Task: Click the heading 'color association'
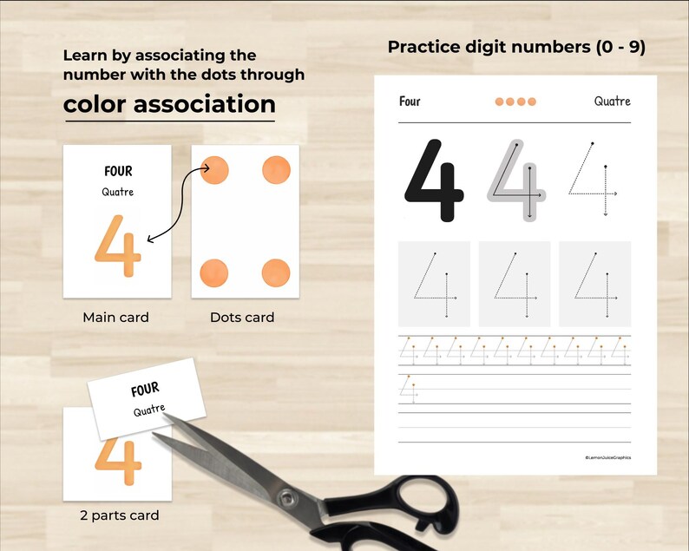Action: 169,104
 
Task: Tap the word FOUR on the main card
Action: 118,172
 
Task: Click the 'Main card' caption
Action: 115,318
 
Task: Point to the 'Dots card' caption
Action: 242,318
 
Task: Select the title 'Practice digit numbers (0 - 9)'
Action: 516,47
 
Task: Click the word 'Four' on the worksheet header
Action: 410,102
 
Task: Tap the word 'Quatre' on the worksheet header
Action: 612,102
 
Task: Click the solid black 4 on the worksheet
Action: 434,180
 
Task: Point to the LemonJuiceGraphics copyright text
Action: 607,457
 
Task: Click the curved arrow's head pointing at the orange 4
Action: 150,239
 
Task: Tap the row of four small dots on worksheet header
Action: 515,102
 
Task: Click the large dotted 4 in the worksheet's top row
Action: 593,180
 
